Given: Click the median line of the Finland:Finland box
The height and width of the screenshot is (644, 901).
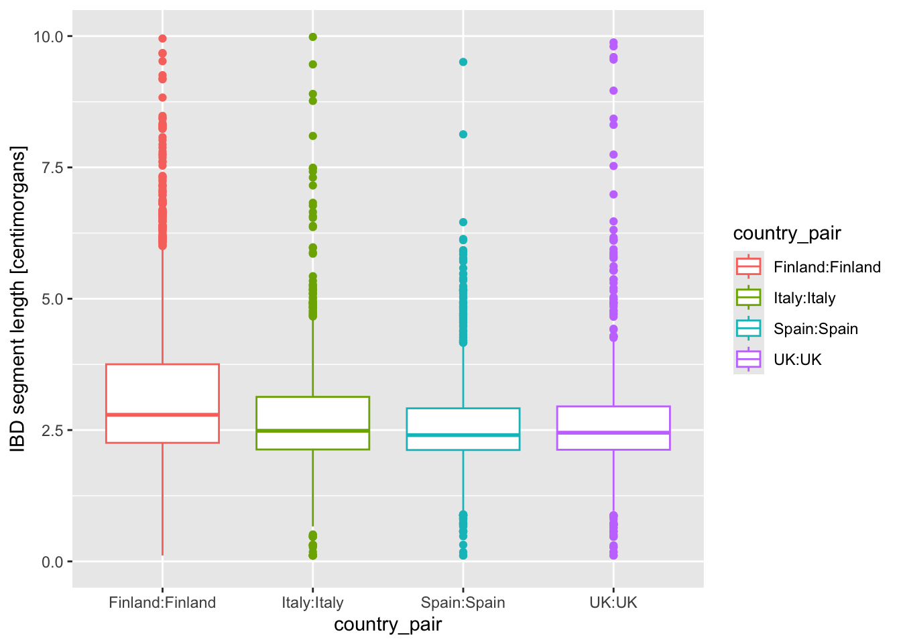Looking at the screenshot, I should coord(162,415).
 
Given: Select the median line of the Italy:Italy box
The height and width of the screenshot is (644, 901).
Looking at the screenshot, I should coord(312,430).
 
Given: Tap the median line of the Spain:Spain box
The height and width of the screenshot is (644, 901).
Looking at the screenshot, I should coord(463,435).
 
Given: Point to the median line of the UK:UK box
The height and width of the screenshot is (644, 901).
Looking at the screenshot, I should coord(613,433).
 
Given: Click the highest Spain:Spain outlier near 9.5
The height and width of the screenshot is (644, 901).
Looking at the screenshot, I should coord(463,62).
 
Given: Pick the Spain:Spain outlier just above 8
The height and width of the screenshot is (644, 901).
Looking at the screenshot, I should coord(463,134).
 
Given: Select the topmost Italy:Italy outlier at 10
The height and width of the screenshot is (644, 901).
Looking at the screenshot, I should coord(312,37).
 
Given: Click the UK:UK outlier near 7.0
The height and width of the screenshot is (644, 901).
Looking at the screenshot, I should coord(613,195).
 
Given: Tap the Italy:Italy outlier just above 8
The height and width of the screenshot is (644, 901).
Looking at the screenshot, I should coord(312,136).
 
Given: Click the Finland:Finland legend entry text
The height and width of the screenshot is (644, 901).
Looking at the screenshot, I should coord(827,267).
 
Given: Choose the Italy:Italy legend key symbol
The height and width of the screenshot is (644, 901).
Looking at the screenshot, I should coord(748,297).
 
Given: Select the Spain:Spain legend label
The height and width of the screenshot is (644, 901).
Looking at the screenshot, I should coord(815,329).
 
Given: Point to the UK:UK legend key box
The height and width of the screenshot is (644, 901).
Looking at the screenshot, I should coord(748,360).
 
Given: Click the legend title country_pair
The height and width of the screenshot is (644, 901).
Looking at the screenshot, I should coord(786,233).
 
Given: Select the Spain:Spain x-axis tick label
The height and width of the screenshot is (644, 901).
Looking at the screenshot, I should coord(463,602).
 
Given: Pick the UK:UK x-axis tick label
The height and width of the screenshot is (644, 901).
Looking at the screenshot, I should coord(613,602).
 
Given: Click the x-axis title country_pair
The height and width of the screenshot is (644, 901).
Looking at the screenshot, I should coord(387,625).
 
